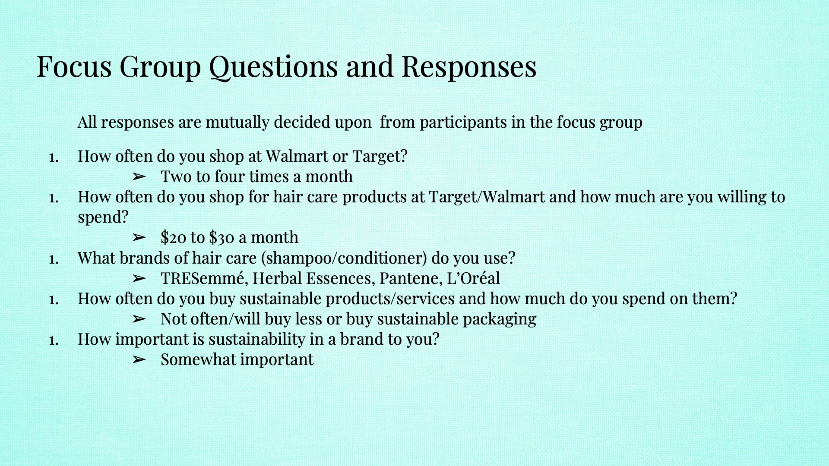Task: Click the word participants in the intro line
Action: point(463,122)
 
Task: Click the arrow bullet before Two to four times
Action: point(139,176)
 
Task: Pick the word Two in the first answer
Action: point(174,176)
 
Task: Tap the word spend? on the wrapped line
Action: point(103,217)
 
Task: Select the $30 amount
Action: point(222,237)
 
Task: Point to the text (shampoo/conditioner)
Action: point(344,258)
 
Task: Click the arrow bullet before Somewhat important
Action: point(139,359)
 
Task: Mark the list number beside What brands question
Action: point(54,259)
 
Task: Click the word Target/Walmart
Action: point(487,197)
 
